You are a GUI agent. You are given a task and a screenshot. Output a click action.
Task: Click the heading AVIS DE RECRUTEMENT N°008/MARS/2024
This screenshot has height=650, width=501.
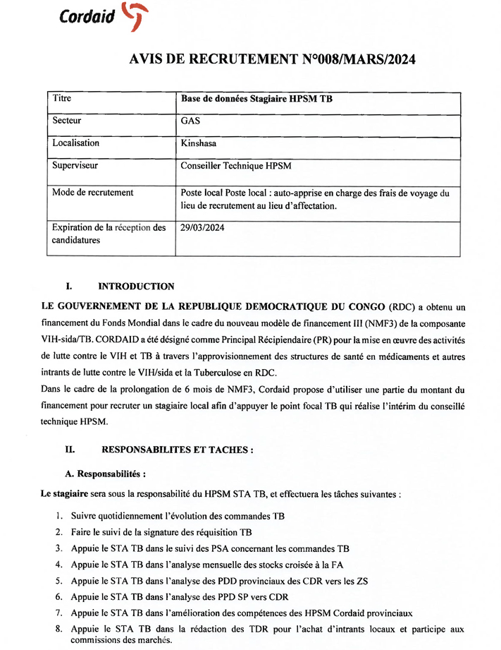pos(273,60)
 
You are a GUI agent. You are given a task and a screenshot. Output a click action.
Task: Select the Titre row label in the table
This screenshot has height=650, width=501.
pos(62,99)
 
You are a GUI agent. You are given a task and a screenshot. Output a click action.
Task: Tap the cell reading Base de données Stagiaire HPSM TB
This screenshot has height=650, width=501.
pos(256,100)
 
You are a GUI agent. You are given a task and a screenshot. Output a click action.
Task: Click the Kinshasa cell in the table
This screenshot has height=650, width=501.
pos(199,143)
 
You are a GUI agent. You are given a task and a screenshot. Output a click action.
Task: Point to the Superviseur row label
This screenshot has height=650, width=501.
pos(75,166)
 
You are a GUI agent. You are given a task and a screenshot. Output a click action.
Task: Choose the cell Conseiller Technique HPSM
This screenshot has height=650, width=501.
pos(236,166)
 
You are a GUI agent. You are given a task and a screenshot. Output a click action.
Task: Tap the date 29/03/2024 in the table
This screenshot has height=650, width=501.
pos(203,228)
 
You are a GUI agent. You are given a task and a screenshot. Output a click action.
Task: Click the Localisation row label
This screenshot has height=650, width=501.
pos(75,143)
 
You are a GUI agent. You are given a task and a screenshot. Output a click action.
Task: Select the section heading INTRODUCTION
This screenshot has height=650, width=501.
pos(136,287)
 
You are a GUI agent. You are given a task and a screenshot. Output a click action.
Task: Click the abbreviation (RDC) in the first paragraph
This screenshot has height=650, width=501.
pos(402,308)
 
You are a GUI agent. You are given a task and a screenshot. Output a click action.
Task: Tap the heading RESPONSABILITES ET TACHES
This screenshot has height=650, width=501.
pos(178,449)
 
